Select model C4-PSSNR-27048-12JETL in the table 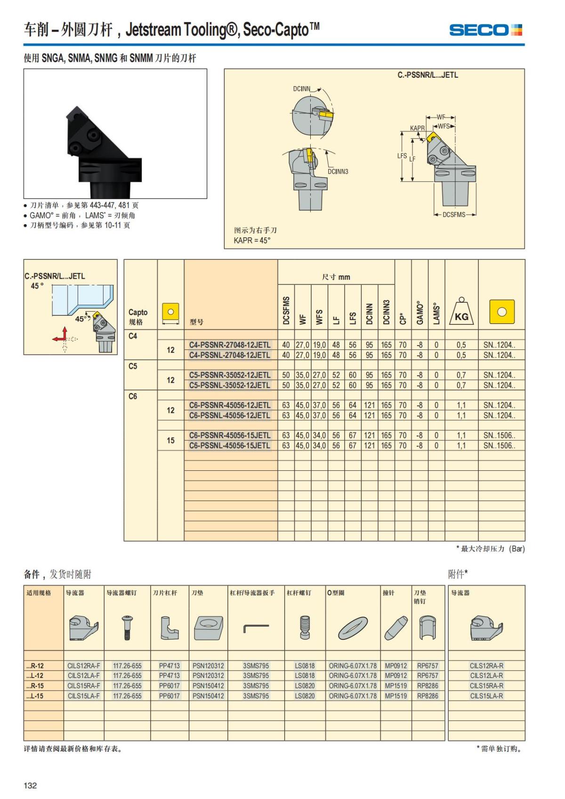click(230, 345)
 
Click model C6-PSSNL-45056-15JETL click(230, 445)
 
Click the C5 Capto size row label click(133, 366)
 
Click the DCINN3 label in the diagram click(338, 171)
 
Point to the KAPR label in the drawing click(417, 128)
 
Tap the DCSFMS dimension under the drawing click(453, 215)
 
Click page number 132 click(30, 785)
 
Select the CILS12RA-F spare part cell click(84, 666)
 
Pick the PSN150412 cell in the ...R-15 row click(208, 686)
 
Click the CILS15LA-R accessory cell click(486, 695)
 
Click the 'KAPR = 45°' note click(252, 240)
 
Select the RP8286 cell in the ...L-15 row click(428, 695)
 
